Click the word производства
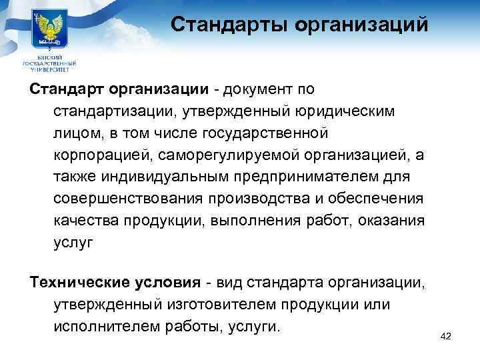point(264,199)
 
